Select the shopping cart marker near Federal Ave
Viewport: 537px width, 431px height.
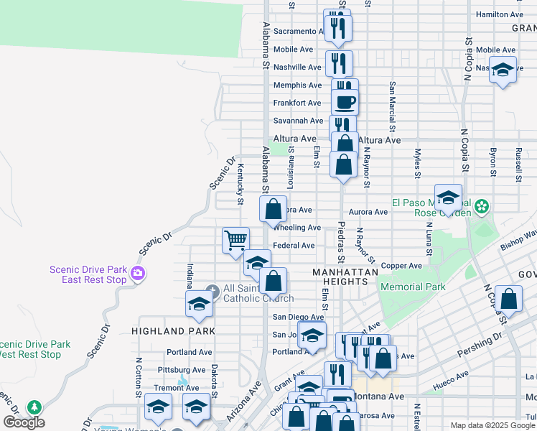coord(235,241)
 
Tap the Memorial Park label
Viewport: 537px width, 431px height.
coord(413,287)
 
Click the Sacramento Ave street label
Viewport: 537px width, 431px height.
coord(299,32)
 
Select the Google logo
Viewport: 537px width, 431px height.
coord(24,422)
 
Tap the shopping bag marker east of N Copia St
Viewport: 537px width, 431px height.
coord(508,300)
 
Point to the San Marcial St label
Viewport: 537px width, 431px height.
coord(393,98)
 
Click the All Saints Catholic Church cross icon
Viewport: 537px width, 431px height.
coord(212,290)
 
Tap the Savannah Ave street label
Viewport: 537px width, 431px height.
coord(298,121)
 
